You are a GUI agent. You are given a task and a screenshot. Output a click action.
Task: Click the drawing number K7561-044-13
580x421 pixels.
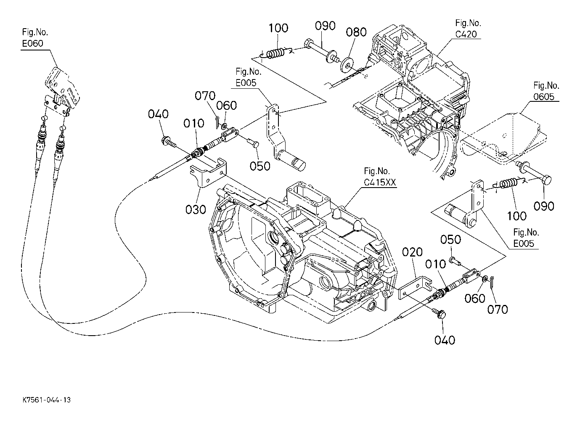pyautogui.click(x=47, y=400)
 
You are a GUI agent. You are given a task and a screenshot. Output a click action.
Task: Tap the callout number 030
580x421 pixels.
pyautogui.click(x=196, y=209)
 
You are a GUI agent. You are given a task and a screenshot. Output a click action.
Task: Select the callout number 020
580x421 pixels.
pyautogui.click(x=412, y=252)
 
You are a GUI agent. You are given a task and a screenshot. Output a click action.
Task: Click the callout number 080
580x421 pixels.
pyautogui.click(x=356, y=32)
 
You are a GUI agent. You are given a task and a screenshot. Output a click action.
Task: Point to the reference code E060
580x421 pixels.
pyautogui.click(x=33, y=43)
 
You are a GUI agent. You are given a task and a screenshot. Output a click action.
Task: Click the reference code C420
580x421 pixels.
pyautogui.click(x=466, y=34)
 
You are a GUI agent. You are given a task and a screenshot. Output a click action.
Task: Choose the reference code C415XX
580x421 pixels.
pyautogui.click(x=380, y=182)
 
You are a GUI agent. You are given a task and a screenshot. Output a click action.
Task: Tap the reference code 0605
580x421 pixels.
pyautogui.click(x=544, y=97)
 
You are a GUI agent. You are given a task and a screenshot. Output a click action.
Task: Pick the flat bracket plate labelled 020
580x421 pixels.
pyautogui.click(x=414, y=288)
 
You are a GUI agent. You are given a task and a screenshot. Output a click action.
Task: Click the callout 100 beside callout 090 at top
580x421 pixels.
pyautogui.click(x=278, y=28)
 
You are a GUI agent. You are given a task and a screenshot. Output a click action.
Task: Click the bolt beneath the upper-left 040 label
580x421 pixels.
pyautogui.click(x=168, y=142)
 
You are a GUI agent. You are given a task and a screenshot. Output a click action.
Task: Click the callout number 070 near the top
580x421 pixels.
pyautogui.click(x=205, y=96)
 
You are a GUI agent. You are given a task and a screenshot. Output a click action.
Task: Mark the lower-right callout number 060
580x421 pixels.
pyautogui.click(x=474, y=299)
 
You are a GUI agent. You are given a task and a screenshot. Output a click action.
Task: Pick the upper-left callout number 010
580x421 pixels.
pyautogui.click(x=193, y=123)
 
